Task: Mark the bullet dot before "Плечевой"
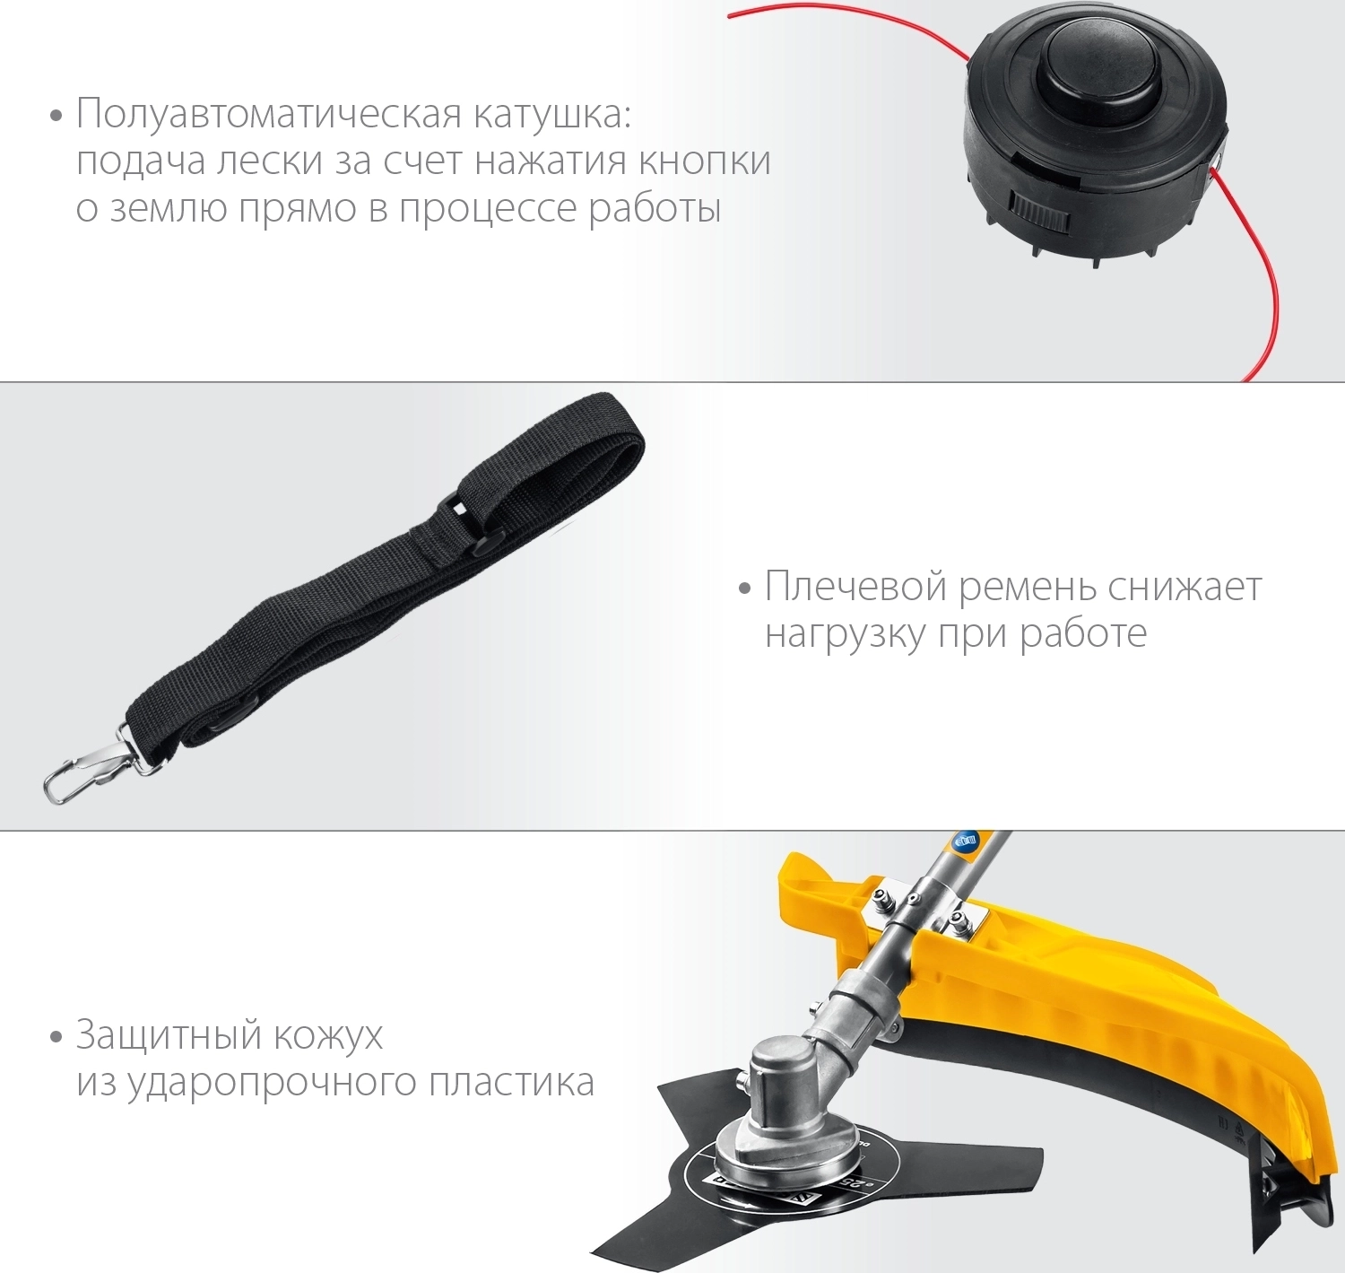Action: [746, 589]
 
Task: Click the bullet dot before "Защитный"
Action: [56, 1038]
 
